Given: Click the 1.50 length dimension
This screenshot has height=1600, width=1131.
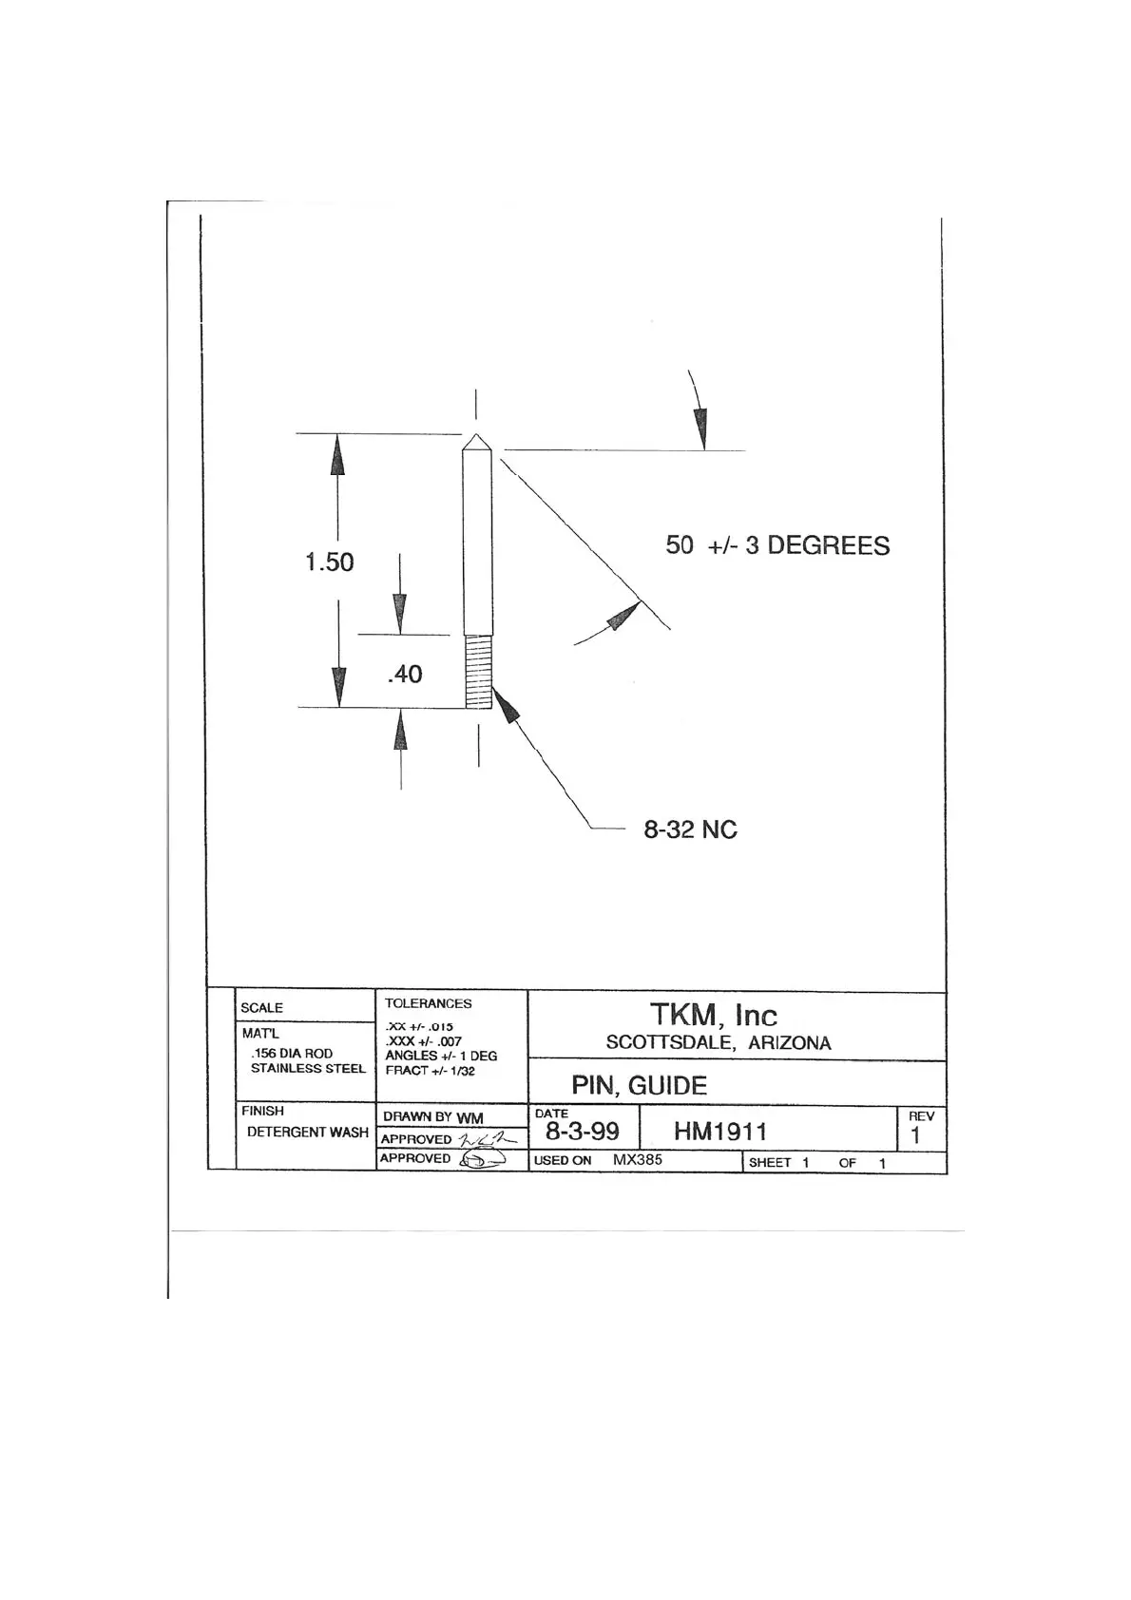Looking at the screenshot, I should coord(329,562).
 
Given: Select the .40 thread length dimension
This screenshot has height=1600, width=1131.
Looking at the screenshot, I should coord(405,674).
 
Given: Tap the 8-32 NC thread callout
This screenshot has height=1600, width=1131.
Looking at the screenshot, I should coord(690,830).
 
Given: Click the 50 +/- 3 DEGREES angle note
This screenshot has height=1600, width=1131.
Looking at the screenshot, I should coord(777,545).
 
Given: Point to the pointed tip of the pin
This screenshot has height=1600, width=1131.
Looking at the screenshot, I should coord(476,439).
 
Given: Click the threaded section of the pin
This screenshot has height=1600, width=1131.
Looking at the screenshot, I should coord(478,672).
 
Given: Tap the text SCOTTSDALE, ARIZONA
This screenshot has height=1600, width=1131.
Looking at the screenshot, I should coord(719,1043).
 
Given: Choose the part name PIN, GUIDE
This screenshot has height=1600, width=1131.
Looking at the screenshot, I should coord(639,1086).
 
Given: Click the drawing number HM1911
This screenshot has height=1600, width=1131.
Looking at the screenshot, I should coord(719,1132).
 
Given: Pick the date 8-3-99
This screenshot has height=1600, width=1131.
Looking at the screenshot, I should coord(582,1132).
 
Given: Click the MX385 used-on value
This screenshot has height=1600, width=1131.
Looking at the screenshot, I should coord(637,1160).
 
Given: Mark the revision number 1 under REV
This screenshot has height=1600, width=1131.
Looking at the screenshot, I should coord(915,1135).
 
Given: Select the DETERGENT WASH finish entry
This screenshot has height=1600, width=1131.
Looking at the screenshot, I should coord(307,1133).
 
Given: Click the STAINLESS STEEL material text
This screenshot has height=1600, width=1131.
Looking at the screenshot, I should coord(308,1069).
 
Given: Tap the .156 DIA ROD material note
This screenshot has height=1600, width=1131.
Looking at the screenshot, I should coord(292,1054).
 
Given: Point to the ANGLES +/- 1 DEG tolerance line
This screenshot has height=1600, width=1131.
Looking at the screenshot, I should coord(441,1056).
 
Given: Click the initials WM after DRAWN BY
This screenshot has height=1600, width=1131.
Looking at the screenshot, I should coord(470,1118).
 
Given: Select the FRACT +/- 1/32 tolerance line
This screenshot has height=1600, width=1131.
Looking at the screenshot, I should coord(430,1071).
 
